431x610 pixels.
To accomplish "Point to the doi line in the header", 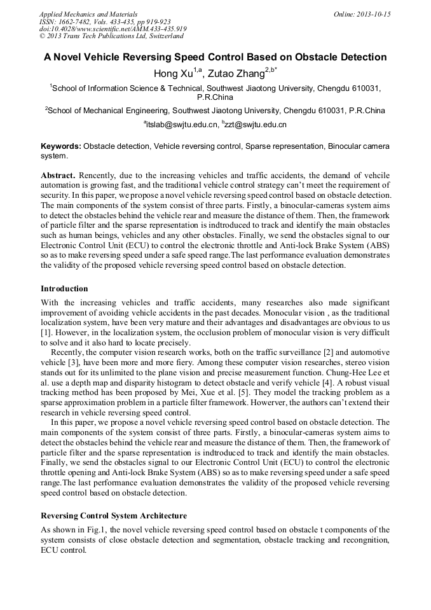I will click(113, 29).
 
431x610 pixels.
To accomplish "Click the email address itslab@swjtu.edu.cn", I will click(181, 125).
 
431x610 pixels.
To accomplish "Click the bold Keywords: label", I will click(61, 146).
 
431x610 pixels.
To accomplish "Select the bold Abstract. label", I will click(58, 175).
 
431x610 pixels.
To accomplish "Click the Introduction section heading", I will click(64, 288).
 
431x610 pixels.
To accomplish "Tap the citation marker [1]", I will click(46, 332).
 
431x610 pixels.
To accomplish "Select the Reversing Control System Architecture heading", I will click(114, 515).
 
